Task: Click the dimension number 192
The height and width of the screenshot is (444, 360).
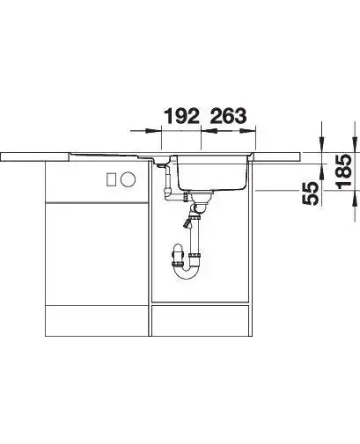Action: pos(182,116)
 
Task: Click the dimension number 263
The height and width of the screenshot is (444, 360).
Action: pos(229,116)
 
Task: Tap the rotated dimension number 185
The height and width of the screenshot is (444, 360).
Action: pos(343,171)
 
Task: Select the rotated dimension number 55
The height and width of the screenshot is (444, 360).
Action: pos(310,193)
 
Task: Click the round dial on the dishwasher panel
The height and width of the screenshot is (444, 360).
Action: pos(129,178)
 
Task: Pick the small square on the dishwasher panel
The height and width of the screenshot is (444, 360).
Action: pos(111,179)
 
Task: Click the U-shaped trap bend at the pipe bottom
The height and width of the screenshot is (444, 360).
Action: pos(187,272)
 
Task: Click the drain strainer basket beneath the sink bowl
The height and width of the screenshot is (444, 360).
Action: pos(202,197)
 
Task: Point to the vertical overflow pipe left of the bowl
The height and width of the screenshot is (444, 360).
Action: pos(168,178)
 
